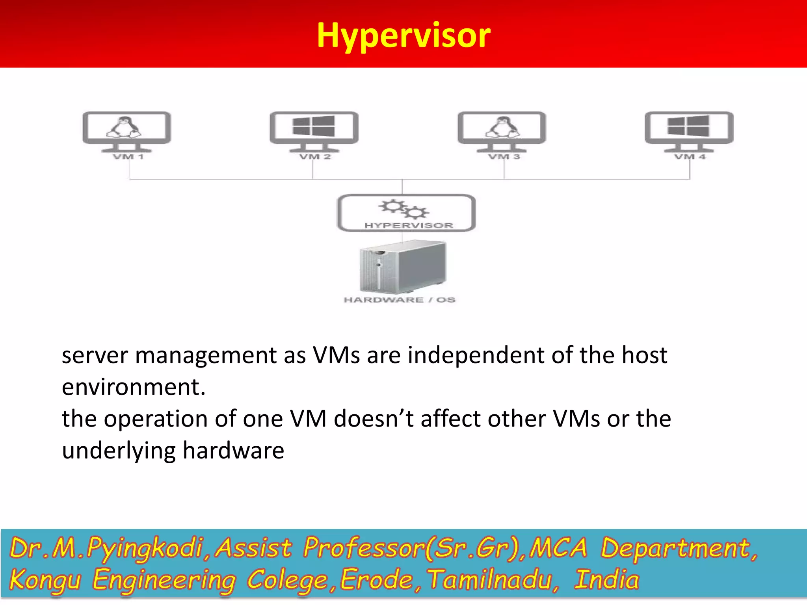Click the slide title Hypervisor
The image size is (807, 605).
click(x=403, y=35)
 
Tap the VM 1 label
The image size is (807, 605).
click(x=128, y=157)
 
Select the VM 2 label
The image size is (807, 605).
click(x=315, y=157)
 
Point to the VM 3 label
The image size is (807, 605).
click(x=504, y=157)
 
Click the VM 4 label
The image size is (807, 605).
click(x=690, y=157)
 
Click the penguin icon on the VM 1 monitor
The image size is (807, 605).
click(x=124, y=127)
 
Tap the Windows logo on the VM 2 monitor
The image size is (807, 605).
click(x=314, y=126)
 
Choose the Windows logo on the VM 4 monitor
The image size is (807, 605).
click(x=689, y=126)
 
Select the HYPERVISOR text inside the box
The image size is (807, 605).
click(x=409, y=225)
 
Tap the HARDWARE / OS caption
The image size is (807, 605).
click(x=399, y=300)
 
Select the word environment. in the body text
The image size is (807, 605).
click(x=134, y=387)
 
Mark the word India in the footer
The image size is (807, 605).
click(x=606, y=579)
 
